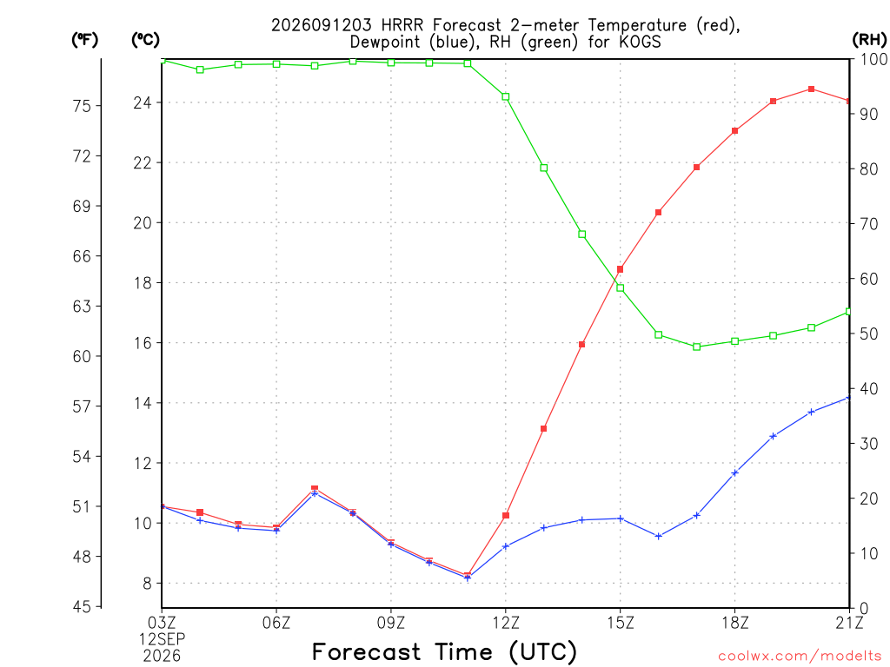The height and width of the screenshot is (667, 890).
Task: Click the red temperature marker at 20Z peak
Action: point(811,89)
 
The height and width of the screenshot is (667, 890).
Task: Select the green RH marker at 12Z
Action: point(506,96)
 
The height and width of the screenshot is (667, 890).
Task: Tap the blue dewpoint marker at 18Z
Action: point(734,472)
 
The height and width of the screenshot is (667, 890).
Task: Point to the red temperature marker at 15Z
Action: point(620,269)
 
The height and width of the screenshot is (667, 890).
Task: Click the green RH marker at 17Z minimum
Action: point(696,347)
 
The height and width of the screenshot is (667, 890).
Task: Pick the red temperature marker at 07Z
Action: point(315,488)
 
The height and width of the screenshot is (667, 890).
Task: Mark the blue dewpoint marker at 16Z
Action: point(659,536)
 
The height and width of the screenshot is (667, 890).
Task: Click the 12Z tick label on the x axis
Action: point(506,623)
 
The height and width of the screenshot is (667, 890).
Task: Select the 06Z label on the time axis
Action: point(276,623)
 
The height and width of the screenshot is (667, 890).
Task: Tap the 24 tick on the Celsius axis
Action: point(143,102)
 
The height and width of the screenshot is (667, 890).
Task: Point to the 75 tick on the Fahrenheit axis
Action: point(82,105)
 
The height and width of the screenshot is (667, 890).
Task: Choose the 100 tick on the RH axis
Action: point(874,59)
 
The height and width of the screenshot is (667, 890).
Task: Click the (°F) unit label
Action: point(84,40)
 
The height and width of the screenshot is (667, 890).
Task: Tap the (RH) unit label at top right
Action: point(869,39)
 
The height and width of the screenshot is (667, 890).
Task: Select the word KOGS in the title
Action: point(640,42)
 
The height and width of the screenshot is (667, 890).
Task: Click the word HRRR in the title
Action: point(402,25)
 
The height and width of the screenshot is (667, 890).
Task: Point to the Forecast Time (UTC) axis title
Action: point(444,651)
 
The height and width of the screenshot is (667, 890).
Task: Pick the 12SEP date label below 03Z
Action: point(163,639)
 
